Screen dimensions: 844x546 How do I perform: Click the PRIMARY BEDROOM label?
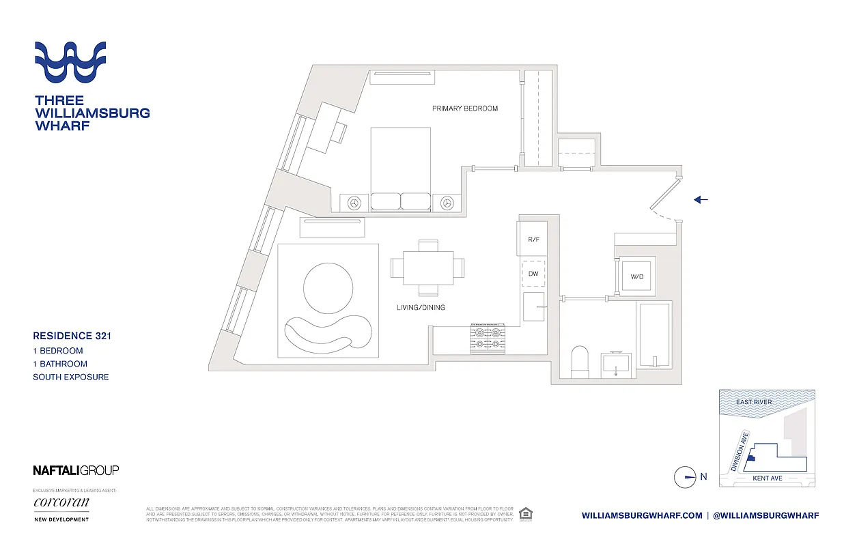point(464,109)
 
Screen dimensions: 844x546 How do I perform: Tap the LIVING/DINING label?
point(421,308)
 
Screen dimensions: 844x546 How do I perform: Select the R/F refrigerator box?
point(533,240)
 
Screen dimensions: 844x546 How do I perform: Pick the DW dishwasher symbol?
point(533,274)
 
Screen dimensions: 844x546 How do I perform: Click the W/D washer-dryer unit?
point(636,276)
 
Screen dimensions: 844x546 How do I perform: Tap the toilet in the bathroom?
point(579,361)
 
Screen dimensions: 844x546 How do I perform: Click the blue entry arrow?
point(701,200)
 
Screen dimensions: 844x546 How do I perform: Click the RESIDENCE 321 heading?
point(72,336)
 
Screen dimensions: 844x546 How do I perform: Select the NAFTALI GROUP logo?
point(76,470)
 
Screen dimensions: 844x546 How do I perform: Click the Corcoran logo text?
point(61,503)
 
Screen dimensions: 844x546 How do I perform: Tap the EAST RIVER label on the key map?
point(754,402)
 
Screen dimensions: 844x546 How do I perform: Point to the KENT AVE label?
point(767,478)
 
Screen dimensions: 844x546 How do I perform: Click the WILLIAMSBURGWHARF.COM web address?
point(642,516)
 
